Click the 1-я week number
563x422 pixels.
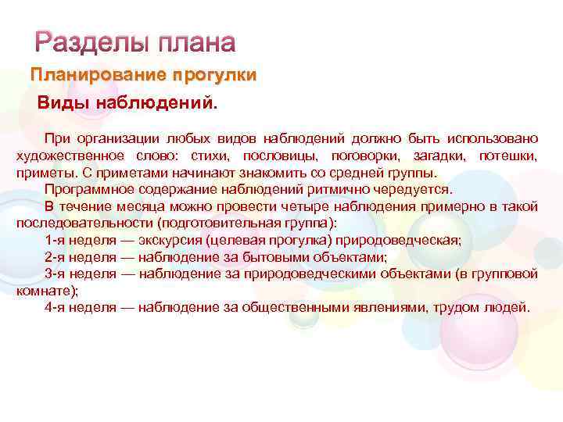[x=55, y=240]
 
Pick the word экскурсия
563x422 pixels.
[x=171, y=240]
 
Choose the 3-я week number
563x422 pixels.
[x=55, y=274]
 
